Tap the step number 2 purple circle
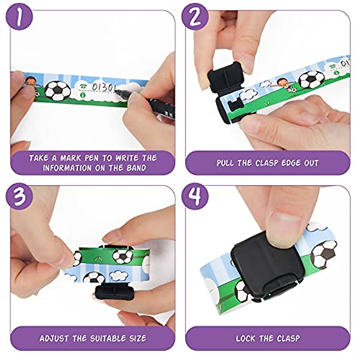tap(195, 17)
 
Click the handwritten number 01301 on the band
tap(103, 87)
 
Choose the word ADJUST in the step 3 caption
tap(54, 338)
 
